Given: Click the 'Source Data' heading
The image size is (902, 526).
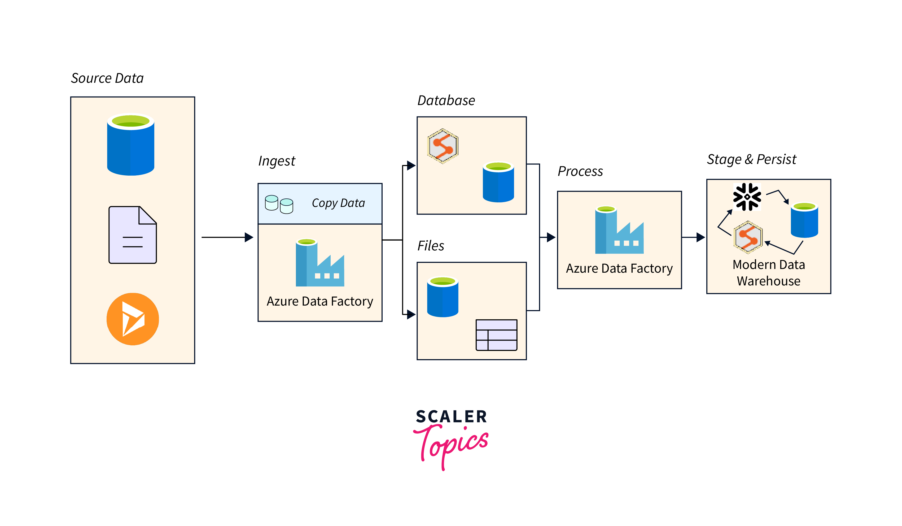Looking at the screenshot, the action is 107,78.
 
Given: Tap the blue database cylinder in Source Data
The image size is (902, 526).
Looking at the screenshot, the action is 131,144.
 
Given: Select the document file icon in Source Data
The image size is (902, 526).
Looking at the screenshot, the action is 133,235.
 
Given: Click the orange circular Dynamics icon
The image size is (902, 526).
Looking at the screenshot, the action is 133,319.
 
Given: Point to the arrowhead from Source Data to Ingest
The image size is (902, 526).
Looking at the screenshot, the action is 249,237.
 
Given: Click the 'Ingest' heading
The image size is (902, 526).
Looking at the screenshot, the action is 277,161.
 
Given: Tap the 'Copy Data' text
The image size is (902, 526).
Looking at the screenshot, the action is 338,203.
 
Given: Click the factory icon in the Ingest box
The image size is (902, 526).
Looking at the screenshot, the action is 320,262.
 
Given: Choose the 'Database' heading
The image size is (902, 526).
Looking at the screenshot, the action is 446,101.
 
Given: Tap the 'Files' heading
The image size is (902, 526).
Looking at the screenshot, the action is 431,246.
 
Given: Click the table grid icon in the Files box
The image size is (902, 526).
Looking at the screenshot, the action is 496,335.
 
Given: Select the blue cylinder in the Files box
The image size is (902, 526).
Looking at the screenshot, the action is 443,297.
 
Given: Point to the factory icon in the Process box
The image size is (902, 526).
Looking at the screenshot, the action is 619,230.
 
